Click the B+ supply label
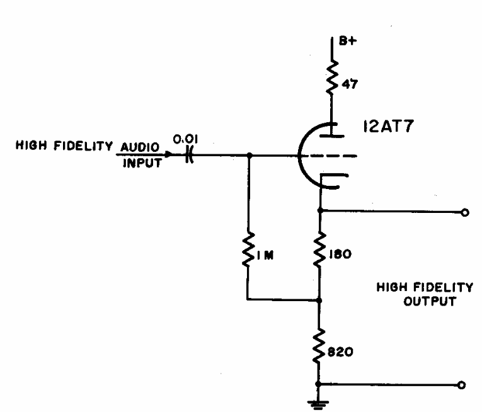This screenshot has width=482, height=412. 348,41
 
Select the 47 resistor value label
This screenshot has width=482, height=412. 350,84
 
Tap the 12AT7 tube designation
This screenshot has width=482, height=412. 388,126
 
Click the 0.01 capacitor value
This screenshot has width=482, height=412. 185,139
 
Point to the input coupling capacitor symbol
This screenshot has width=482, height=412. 190,155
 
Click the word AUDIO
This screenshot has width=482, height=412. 140,147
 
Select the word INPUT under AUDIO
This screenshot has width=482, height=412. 142,163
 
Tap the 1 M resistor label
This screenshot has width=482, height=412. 265,255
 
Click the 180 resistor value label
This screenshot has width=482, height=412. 340,255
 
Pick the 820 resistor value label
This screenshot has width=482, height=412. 340,352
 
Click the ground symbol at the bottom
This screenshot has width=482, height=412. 318,404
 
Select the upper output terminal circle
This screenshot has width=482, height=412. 465,212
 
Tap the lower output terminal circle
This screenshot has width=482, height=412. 461,385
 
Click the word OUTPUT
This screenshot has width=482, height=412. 430,301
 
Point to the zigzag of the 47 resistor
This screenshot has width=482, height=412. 332,77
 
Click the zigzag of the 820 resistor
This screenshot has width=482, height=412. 319,346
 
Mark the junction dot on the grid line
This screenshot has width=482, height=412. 250,156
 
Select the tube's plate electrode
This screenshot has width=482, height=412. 331,135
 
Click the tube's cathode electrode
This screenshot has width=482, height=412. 333,181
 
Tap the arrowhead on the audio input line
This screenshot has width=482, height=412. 168,154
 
